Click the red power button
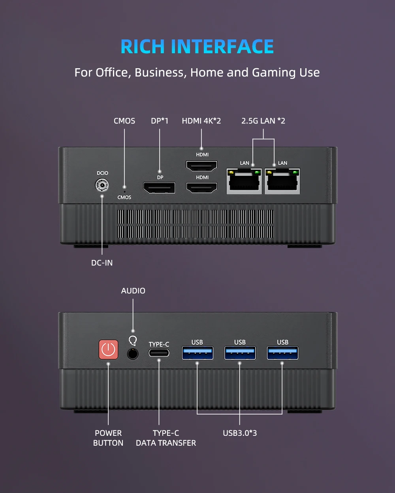point(108,349)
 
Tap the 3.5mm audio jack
point(133,353)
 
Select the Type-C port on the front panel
point(159,353)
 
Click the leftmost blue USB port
point(197,353)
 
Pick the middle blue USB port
point(240,353)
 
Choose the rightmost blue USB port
point(283,353)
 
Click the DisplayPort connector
point(159,188)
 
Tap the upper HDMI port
point(202,166)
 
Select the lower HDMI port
point(202,188)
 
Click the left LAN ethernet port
point(244,181)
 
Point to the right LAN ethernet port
point(282,181)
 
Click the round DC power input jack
point(102,185)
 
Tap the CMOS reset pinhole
point(124,187)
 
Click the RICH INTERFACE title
point(197,47)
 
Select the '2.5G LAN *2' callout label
point(263,121)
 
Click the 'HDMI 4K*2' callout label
point(201,121)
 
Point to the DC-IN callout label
point(102,263)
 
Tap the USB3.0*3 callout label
point(240,433)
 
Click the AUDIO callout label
point(133,291)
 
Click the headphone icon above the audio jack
point(133,340)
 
